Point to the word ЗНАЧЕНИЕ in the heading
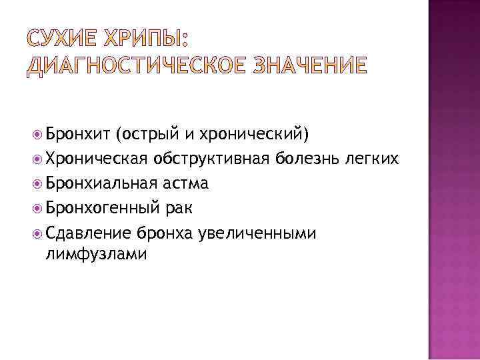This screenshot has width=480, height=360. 303,65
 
